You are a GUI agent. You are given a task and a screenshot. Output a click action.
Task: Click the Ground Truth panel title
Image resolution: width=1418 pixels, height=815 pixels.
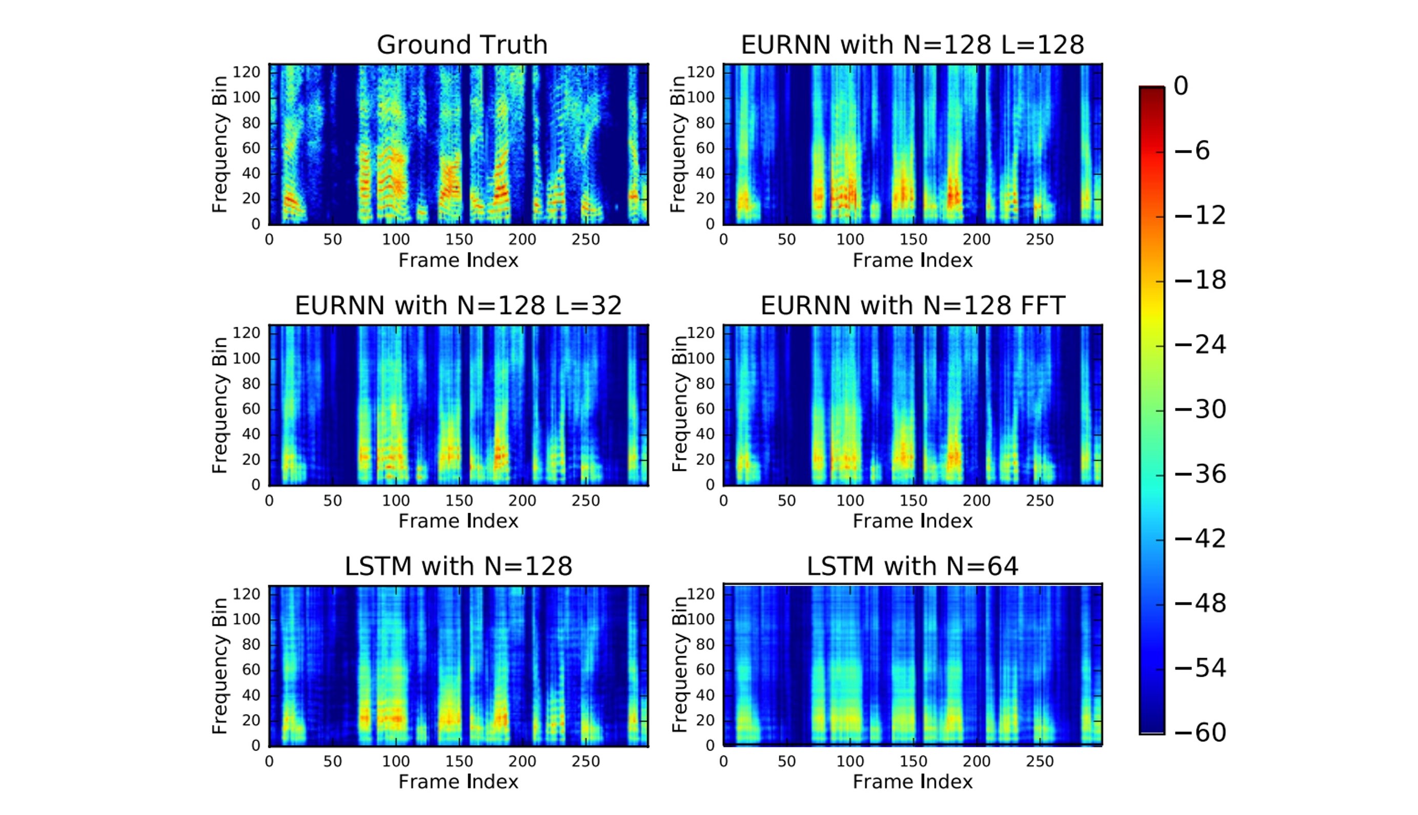click(461, 45)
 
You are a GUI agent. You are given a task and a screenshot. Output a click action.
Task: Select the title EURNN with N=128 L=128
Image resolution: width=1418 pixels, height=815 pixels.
click(913, 45)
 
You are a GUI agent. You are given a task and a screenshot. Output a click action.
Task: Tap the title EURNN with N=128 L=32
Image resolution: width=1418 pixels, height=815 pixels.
click(458, 306)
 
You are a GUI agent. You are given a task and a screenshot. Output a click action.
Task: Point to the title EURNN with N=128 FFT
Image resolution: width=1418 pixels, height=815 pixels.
click(913, 306)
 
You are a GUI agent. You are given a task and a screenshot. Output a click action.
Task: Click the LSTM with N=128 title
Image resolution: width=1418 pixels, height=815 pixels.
click(458, 567)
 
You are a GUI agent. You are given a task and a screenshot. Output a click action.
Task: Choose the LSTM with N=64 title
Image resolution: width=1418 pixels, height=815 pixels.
click(913, 567)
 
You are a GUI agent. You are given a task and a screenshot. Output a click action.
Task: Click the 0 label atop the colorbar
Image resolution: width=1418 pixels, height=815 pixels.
click(1181, 86)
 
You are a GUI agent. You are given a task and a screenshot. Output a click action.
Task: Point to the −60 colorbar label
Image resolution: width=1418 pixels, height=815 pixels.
click(1200, 733)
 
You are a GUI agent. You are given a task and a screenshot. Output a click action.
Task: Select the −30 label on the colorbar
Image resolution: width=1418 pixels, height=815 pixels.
click(1200, 410)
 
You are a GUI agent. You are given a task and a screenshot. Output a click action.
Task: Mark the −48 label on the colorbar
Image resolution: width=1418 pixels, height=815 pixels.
click(1200, 603)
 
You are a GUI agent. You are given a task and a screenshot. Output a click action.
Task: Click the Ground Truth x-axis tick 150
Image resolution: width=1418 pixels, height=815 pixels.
click(459, 240)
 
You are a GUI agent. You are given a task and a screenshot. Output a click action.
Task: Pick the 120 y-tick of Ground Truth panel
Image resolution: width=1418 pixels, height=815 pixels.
click(247, 72)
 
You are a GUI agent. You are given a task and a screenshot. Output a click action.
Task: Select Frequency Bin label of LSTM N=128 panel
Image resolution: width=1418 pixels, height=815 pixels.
click(220, 665)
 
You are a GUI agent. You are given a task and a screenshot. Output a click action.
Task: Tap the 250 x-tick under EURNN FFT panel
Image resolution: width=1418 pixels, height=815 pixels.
click(1040, 500)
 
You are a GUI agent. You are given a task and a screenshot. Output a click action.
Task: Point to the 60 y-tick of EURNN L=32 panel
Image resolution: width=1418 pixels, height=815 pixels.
click(251, 409)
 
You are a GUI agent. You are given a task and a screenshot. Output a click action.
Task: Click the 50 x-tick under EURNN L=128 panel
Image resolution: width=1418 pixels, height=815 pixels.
click(786, 240)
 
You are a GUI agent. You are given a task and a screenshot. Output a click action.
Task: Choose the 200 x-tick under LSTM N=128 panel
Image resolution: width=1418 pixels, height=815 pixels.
click(522, 761)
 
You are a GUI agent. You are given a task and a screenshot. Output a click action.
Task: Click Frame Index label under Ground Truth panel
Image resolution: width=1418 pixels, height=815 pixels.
click(458, 260)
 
